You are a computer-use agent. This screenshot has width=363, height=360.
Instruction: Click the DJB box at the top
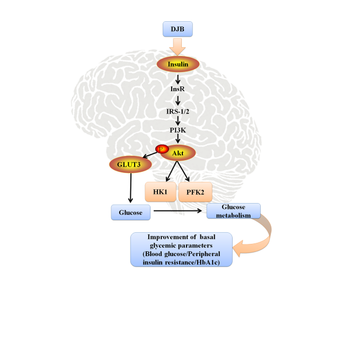[x=178, y=29]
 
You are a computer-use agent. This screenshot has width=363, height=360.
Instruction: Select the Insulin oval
[x=178, y=64]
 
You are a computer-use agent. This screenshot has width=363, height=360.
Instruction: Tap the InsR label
[x=178, y=90]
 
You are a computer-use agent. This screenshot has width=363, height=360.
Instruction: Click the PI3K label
[x=178, y=129]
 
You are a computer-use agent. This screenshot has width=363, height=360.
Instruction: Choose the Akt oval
[x=178, y=153]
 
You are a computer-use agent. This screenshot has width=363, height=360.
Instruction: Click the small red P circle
[x=161, y=148]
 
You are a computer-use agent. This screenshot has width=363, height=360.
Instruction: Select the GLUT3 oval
[x=130, y=165]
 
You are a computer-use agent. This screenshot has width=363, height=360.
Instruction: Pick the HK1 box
[x=161, y=191]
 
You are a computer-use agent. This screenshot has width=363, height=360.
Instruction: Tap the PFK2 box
[x=196, y=191]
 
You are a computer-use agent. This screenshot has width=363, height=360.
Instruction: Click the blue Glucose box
[x=130, y=212]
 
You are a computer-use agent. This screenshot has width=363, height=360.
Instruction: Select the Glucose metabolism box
[x=234, y=210]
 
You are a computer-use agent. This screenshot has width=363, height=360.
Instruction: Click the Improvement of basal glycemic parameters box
[x=181, y=249]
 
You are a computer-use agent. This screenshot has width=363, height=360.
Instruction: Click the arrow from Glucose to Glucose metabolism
[x=178, y=212]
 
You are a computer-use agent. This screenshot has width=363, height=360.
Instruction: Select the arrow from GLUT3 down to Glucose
[x=130, y=188]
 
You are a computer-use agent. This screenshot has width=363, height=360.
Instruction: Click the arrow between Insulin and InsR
[x=178, y=78]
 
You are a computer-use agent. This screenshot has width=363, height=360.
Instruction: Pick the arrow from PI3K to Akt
[x=178, y=139]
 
